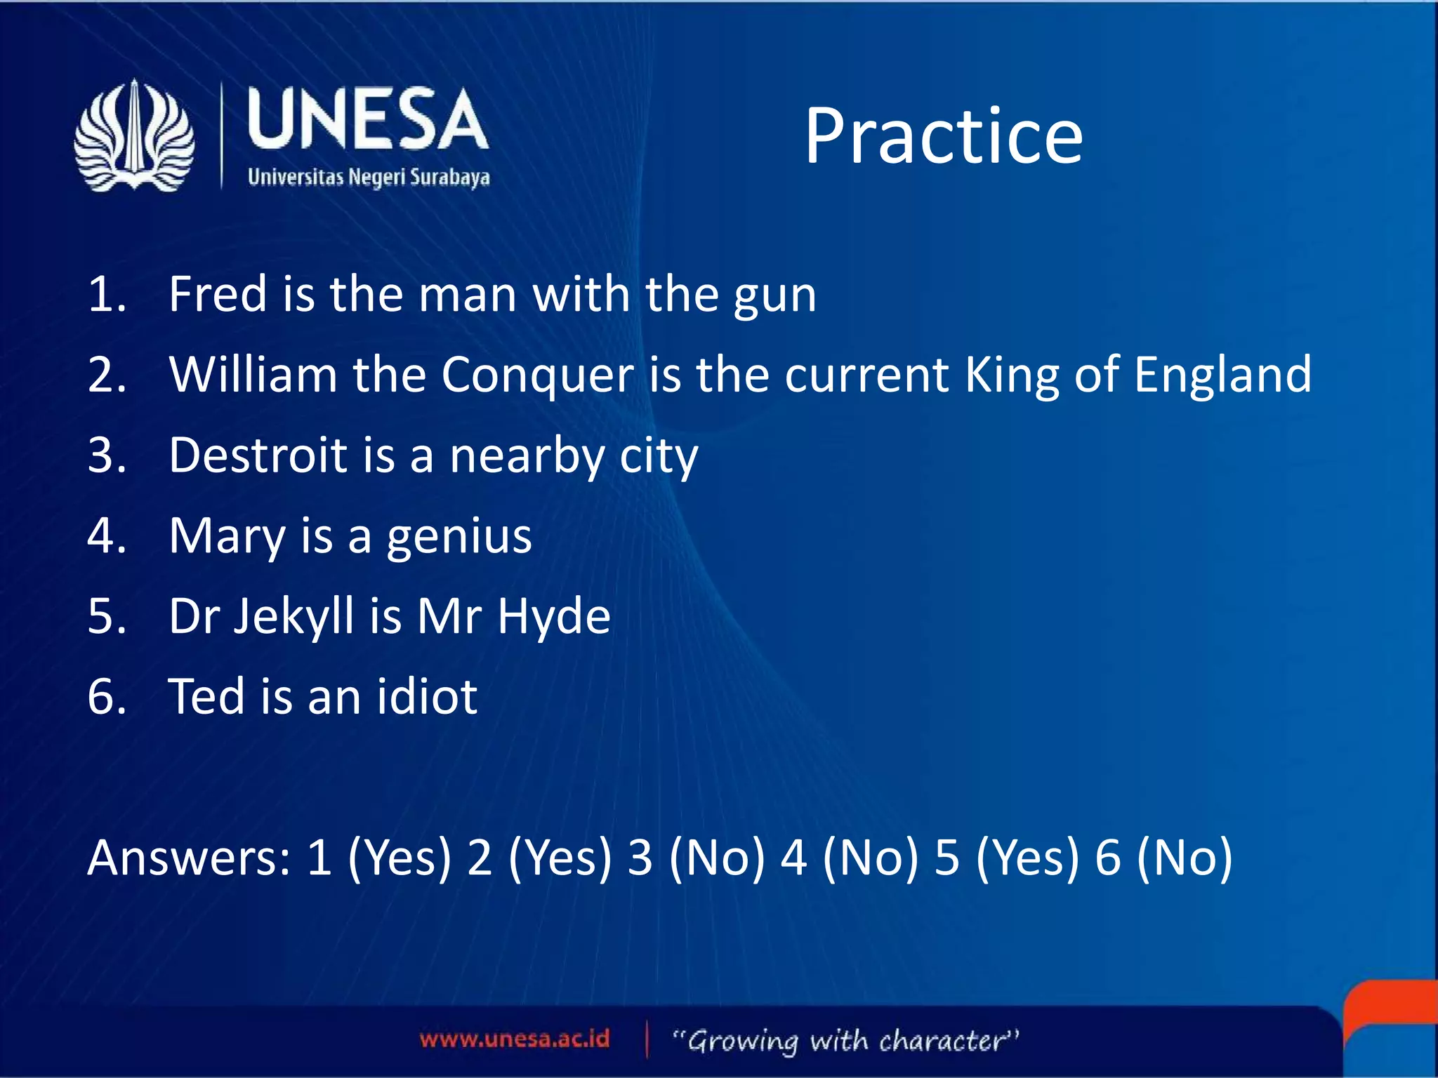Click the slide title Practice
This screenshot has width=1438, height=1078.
(943, 136)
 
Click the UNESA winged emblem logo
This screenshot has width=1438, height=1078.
(134, 136)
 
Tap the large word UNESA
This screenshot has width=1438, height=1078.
(367, 121)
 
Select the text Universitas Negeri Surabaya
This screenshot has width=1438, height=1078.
(369, 177)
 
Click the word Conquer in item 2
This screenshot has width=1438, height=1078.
(537, 375)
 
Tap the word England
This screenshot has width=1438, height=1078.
(1222, 376)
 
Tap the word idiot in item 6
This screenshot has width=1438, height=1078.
(427, 697)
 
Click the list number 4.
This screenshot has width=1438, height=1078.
(105, 535)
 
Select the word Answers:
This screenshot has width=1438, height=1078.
(188, 858)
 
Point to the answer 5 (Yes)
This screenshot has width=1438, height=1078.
(1005, 858)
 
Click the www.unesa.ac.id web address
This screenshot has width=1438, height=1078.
(515, 1039)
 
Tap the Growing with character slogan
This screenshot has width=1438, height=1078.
(845, 1040)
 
